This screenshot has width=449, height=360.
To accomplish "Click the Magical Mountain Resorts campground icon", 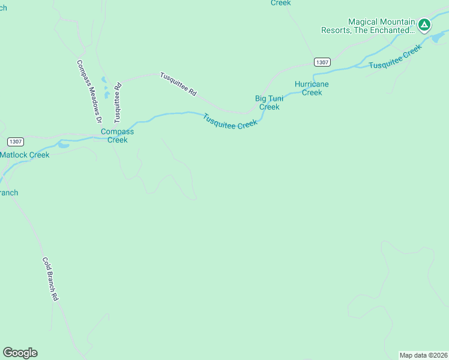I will (x=424, y=25).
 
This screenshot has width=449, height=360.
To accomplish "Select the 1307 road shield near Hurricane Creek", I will (x=322, y=62).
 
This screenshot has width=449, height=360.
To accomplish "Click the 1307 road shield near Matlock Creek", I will (x=16, y=142).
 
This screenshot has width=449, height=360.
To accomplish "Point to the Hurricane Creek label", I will (x=312, y=88).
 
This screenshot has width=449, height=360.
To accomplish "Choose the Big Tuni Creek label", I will (x=269, y=103).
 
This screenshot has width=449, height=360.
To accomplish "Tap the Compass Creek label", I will (x=117, y=136).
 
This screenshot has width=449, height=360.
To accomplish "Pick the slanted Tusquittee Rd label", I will (x=178, y=85).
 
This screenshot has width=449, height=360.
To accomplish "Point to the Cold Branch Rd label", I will (x=50, y=278).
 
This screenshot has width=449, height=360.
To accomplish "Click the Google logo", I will (x=20, y=353).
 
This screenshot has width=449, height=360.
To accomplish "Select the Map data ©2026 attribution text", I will (x=423, y=355).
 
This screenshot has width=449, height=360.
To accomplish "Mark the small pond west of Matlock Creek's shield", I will (x=62, y=145).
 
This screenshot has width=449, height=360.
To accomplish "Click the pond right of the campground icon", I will (x=438, y=38).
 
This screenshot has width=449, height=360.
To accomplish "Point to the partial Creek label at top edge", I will (x=280, y=3).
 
